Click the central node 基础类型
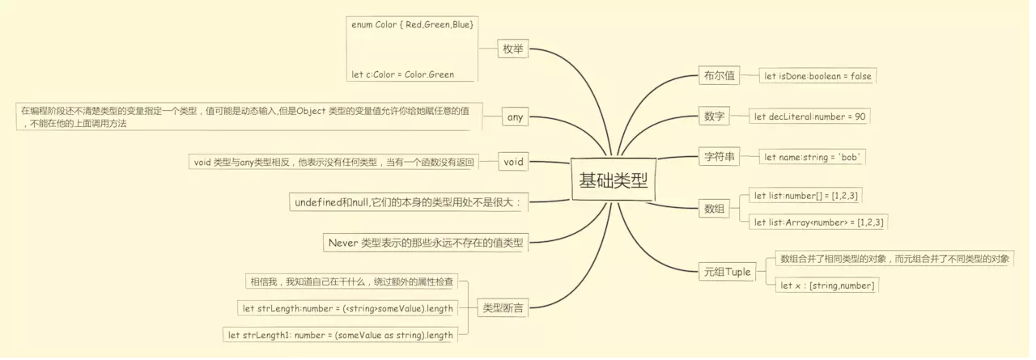pos(614,180)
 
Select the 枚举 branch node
pos(513,49)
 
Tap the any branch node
pos(515,117)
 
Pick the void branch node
pos(514,162)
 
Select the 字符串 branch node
pos(718,157)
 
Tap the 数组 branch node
pos(715,209)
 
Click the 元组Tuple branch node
pos(727,272)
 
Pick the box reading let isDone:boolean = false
pos(817,76)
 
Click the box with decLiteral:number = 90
pos(809,116)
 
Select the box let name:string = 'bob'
pos(812,157)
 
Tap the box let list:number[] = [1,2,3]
pos(806,195)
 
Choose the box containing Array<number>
pos(818,222)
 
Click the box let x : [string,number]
pos(826,286)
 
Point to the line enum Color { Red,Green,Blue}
pos(412,25)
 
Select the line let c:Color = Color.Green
pos(402,74)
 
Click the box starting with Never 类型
pos(425,242)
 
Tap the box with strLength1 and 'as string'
pos(340,335)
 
